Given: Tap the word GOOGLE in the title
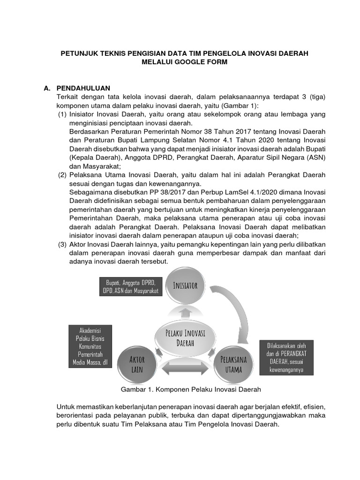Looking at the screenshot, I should [x=189, y=62].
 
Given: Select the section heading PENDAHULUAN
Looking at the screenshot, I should [x=83, y=88].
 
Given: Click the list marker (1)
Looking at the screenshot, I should [x=62, y=114].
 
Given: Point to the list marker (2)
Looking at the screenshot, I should [x=62, y=175].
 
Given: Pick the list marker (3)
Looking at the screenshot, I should [x=62, y=244].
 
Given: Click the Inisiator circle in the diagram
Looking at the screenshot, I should [x=185, y=285].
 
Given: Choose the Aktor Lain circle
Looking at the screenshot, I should [x=137, y=364].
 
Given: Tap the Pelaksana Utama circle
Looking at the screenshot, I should [x=233, y=364].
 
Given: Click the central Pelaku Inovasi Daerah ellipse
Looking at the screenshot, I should [x=185, y=337].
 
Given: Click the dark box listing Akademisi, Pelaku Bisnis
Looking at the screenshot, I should [x=88, y=346].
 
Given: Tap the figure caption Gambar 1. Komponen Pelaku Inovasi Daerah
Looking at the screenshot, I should [x=191, y=390].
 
